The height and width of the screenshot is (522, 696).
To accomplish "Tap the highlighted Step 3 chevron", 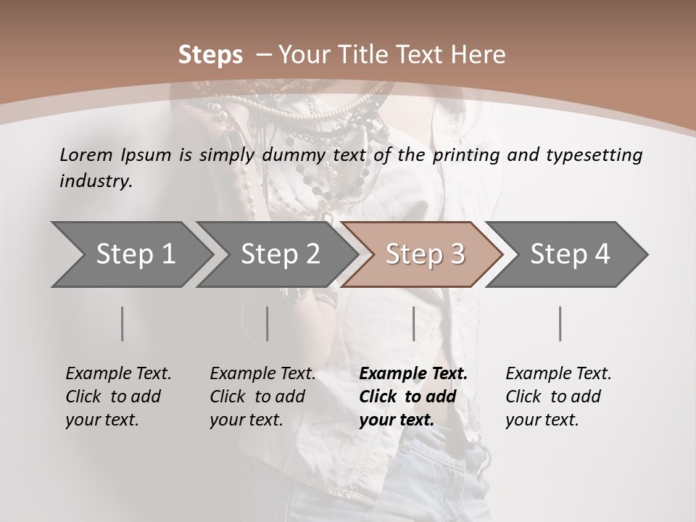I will [x=425, y=254].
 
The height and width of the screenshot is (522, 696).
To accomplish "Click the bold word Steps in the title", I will [x=210, y=55].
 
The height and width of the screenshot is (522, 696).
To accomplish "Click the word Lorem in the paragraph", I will [x=86, y=155].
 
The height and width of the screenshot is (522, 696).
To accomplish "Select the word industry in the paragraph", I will [x=94, y=181].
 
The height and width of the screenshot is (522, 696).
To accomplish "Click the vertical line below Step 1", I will [x=122, y=323].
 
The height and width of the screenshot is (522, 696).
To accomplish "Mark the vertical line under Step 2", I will [x=268, y=323].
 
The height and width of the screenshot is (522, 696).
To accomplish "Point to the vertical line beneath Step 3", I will [x=413, y=323].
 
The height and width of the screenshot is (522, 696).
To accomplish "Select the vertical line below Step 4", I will [x=560, y=323].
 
